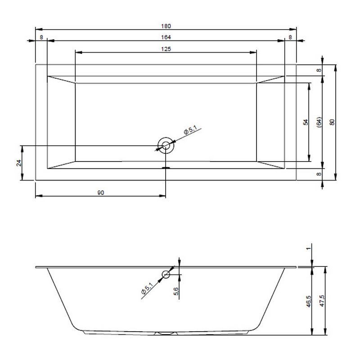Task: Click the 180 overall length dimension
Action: point(166,26)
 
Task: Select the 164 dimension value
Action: point(166,37)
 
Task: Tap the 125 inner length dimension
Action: point(166,49)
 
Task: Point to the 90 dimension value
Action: point(100,193)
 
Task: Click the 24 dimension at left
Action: point(19,163)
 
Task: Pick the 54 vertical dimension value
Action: point(306,122)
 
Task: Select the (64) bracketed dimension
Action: point(319,122)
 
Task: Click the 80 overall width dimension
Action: point(332,122)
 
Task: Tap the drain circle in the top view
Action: point(166,145)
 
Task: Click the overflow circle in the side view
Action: point(166,274)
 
